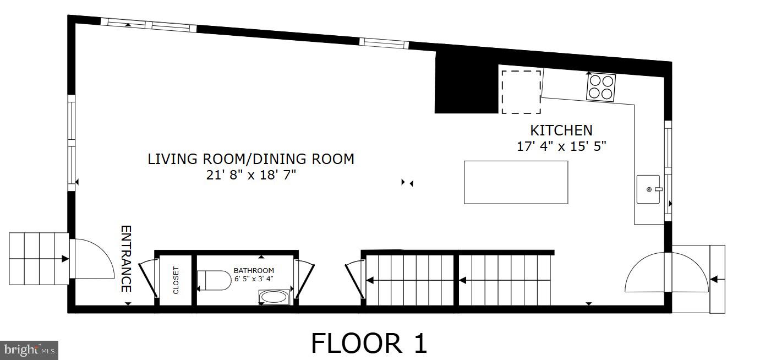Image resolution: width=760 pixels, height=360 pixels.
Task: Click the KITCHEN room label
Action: tap(561, 130)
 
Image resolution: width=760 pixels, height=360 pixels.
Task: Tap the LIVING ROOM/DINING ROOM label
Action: tap(250, 159)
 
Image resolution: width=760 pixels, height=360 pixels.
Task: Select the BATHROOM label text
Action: tap(254, 270)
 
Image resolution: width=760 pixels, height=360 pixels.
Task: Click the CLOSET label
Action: tap(176, 280)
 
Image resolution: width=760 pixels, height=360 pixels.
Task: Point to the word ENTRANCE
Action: tap(126, 259)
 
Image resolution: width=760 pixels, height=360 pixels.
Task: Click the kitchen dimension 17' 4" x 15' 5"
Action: tap(561, 147)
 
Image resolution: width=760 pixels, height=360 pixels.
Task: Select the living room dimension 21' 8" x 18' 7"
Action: tap(250, 175)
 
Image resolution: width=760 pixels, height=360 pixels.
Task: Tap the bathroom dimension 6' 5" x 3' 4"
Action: tap(254, 278)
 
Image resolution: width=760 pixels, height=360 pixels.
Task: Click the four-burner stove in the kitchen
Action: tap(601, 87)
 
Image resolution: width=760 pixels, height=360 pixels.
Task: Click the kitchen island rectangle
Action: tap(516, 182)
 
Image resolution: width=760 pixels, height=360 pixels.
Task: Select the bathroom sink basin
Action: tap(273, 297)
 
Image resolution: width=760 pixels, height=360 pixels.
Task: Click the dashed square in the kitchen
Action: tap(521, 91)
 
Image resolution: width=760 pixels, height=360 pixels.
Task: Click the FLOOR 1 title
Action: tap(369, 343)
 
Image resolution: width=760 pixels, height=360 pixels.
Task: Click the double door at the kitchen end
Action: tap(666, 272)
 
